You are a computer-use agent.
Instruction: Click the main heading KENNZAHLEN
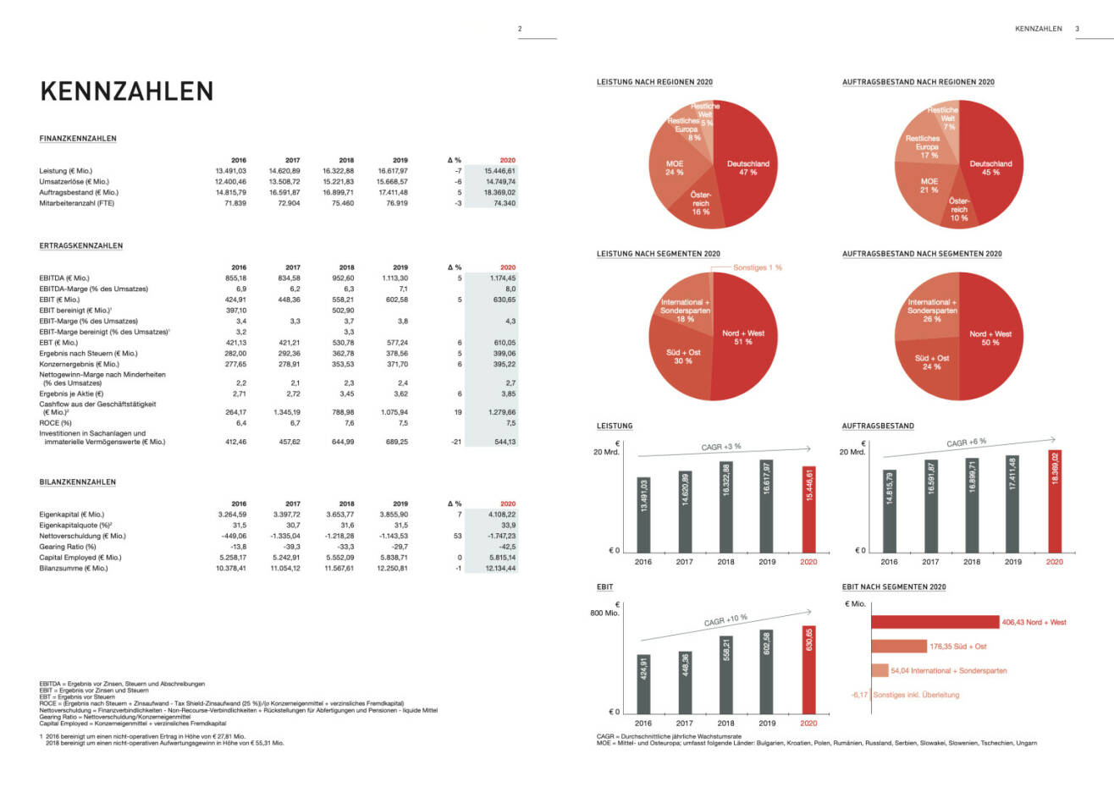[127, 91]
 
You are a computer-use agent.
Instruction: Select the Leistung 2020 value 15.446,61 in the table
[499, 171]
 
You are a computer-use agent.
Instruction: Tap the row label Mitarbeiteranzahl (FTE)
[76, 203]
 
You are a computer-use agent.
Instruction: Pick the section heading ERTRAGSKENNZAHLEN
[81, 245]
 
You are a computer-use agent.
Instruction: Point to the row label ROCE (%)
[56, 422]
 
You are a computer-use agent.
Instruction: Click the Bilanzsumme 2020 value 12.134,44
[499, 568]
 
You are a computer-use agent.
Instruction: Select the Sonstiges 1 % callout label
[758, 267]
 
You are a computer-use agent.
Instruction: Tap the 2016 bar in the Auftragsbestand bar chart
[890, 509]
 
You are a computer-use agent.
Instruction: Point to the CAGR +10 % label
[725, 620]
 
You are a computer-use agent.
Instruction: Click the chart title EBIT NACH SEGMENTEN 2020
[894, 586]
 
